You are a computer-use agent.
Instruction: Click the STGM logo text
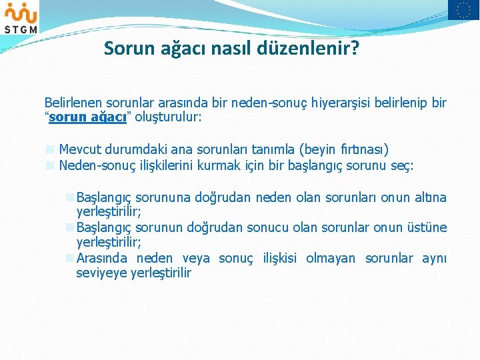pyautogui.click(x=21, y=28)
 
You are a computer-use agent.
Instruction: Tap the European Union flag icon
pyautogui.click(x=463, y=10)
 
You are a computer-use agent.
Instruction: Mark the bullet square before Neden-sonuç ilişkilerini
pyautogui.click(x=49, y=165)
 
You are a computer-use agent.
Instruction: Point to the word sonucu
pyautogui.click(x=264, y=227)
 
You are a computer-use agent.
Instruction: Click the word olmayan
pyautogui.click(x=331, y=258)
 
